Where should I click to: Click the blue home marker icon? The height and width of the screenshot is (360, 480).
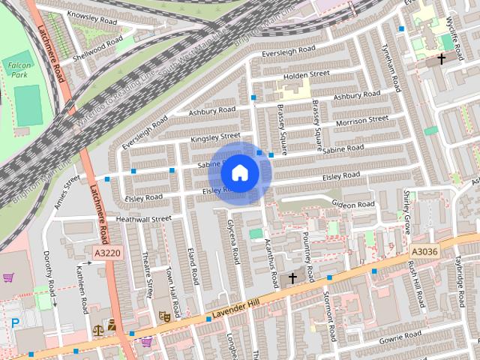point(239,172)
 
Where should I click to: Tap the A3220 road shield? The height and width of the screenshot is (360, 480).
point(107,253)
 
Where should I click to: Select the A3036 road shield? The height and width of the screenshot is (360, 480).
point(424,252)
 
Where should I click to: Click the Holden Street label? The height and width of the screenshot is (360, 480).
point(307,74)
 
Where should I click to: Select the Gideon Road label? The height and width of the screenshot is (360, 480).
point(352,204)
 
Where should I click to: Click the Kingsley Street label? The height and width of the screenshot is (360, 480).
point(215,137)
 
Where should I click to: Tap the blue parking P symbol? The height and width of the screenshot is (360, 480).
point(15,323)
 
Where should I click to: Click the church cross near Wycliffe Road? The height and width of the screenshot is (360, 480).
point(442,58)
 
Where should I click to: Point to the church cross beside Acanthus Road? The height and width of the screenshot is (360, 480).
point(292,278)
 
